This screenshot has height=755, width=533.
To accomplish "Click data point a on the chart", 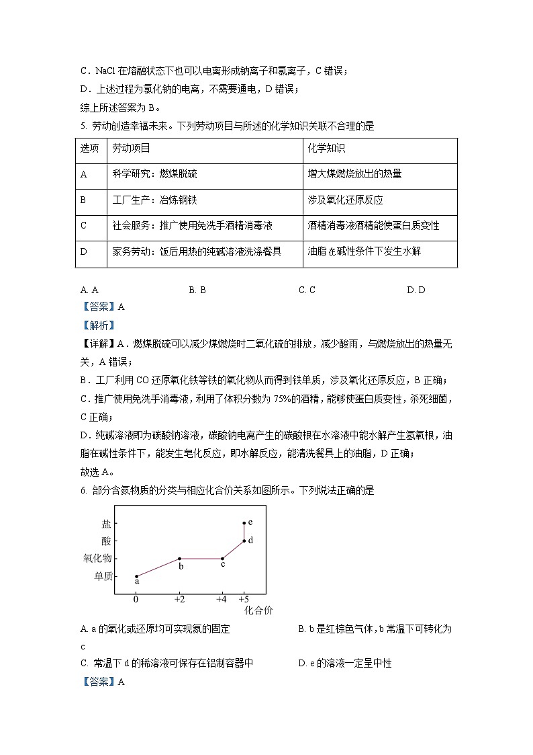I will [x=136, y=576].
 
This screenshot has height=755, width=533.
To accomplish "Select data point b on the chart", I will [x=179, y=559].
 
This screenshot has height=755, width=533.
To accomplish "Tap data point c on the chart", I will [x=222, y=559].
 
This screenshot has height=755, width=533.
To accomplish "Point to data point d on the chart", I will [x=244, y=541].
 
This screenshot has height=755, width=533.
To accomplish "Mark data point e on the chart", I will [x=244, y=522].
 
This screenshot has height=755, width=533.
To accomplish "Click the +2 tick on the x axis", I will [x=179, y=599].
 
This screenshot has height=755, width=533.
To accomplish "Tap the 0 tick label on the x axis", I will [x=136, y=599].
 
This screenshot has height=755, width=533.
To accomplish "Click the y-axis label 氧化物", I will [x=97, y=559].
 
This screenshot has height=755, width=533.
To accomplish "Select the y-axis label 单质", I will [x=103, y=576].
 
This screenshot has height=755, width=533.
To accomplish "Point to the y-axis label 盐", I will [x=107, y=523].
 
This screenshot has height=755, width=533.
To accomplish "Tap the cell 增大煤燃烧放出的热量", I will [x=354, y=174].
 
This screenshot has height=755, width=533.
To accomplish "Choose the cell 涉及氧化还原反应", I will [x=344, y=200].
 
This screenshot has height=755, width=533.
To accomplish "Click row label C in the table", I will [x=83, y=226].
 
